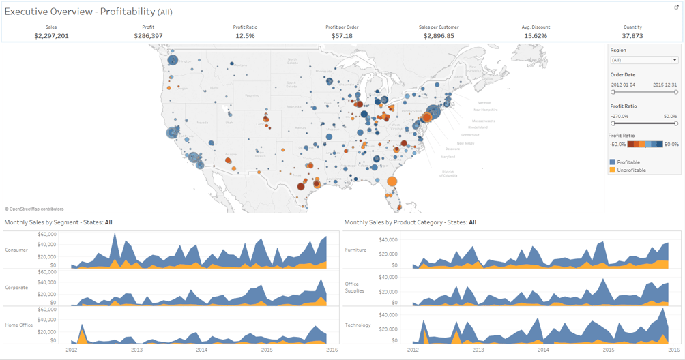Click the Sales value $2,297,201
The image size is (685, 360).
pyautogui.click(x=51, y=35)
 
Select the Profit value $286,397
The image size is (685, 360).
pyautogui.click(x=148, y=35)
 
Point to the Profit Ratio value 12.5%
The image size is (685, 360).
pyautogui.click(x=245, y=35)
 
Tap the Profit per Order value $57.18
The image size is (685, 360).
pyautogui.click(x=342, y=35)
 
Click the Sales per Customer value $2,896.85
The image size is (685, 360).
pyautogui.click(x=439, y=35)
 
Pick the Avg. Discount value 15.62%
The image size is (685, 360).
pyautogui.click(x=536, y=35)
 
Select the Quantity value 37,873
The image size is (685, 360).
pyautogui.click(x=632, y=35)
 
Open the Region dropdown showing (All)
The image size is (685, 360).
pyautogui.click(x=643, y=60)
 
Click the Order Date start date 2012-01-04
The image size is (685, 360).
pyautogui.click(x=623, y=85)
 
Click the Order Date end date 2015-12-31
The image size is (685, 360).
pyautogui.click(x=665, y=85)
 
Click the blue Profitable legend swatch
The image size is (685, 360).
pyautogui.click(x=613, y=162)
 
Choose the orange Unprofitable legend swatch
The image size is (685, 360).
pyautogui.click(x=613, y=170)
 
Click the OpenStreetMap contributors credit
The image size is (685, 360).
pyautogui.click(x=35, y=209)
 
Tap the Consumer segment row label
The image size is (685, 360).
pyautogui.click(x=16, y=250)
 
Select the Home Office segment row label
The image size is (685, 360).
pyautogui.click(x=18, y=325)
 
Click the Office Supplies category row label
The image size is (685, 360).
pyautogui.click(x=355, y=287)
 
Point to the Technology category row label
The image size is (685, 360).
pyautogui.click(x=358, y=325)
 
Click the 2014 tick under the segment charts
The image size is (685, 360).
pyautogui.click(x=201, y=350)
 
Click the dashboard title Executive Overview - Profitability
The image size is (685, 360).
pyautogui.click(x=80, y=12)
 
